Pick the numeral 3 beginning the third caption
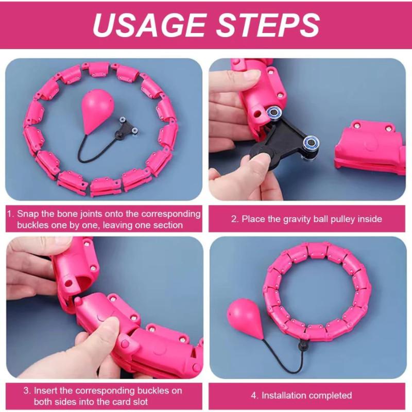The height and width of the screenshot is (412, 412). (26, 391)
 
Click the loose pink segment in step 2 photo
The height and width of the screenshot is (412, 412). (370, 148)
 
